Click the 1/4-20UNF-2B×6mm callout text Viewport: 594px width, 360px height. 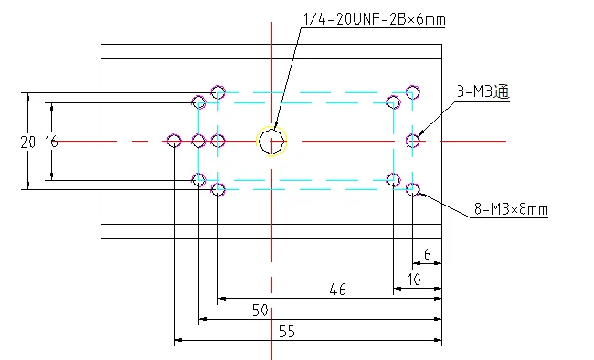(375, 19)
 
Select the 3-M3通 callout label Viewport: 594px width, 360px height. (483, 91)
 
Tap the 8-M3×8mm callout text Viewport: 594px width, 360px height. (511, 209)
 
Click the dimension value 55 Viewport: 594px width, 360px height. (287, 332)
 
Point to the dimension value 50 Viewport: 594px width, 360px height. (260, 311)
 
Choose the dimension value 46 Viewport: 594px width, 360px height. (337, 290)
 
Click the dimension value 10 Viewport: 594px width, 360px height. (414, 280)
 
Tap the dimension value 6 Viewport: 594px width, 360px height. (428, 255)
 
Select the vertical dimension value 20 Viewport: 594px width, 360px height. (28, 143)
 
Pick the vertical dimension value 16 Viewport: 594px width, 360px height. (51, 143)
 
